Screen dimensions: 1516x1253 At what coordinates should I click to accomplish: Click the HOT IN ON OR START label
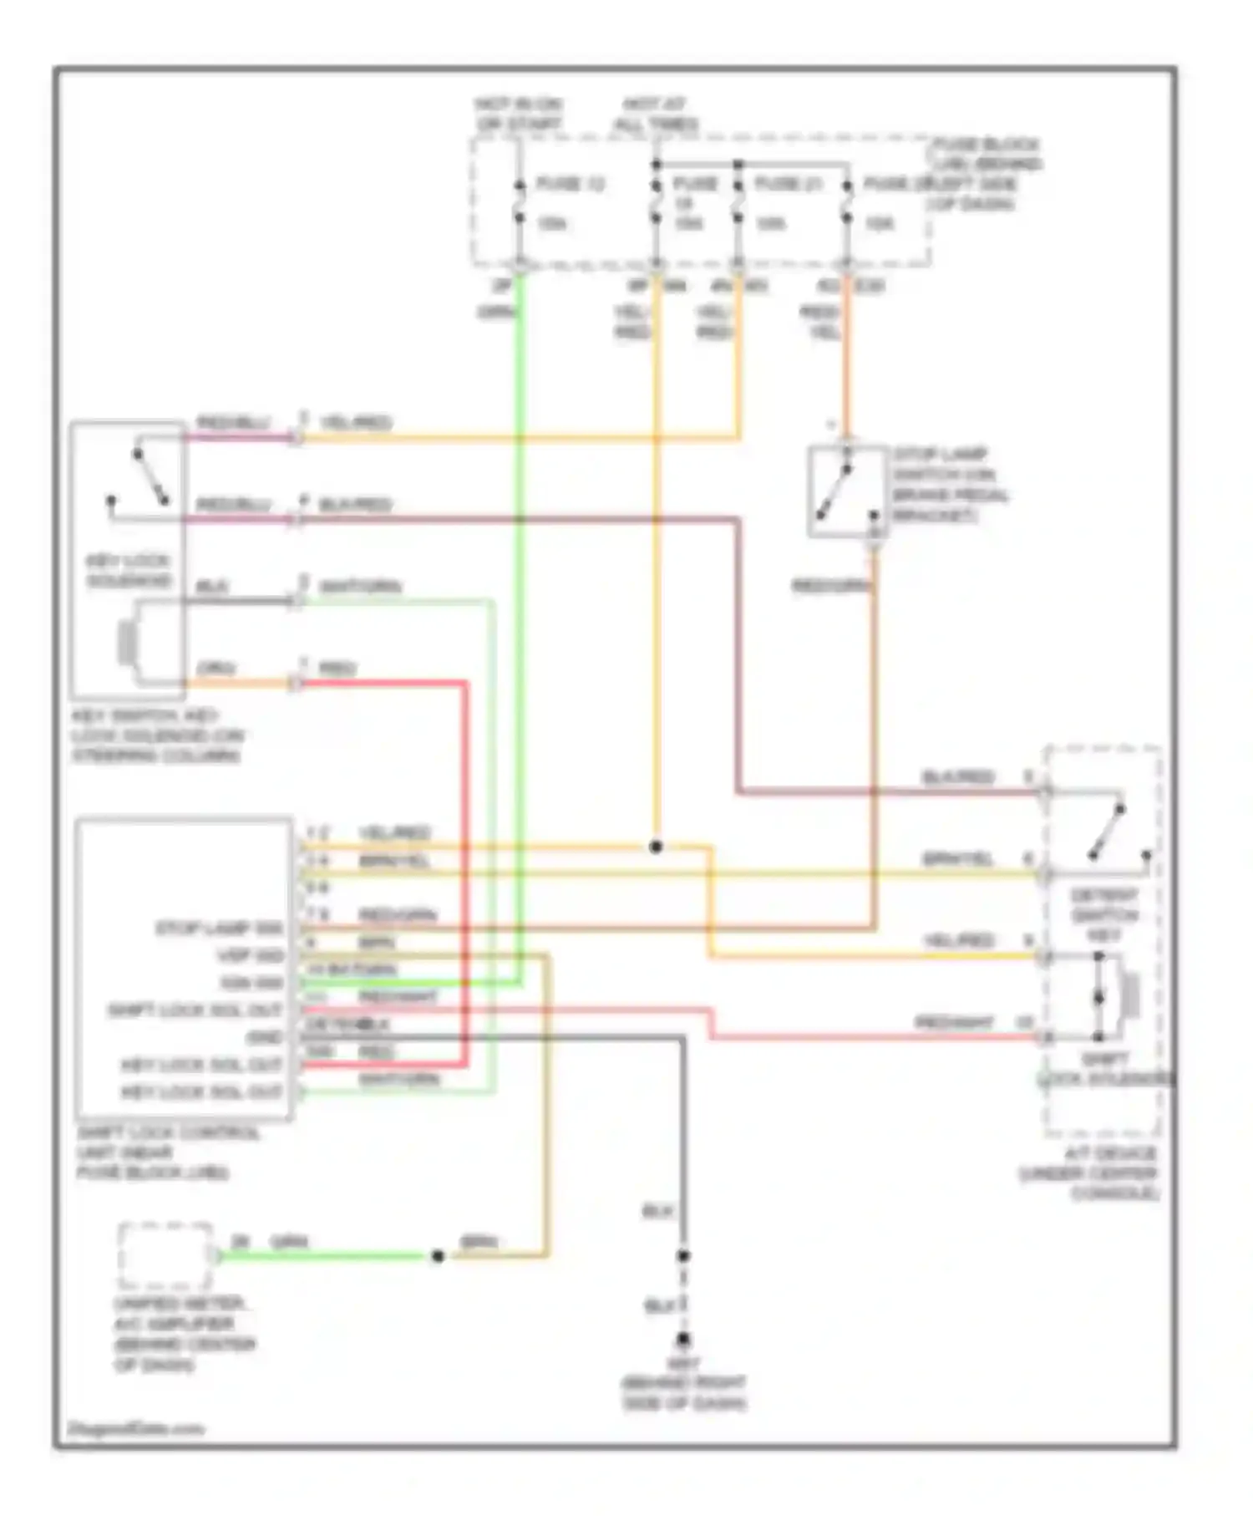click(518, 114)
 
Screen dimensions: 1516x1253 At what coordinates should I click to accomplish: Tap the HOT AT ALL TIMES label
click(656, 114)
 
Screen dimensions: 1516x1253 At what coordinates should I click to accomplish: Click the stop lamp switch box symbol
click(846, 491)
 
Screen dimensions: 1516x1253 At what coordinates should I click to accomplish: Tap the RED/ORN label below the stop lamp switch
click(830, 587)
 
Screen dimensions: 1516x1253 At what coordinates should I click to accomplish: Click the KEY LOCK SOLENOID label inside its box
click(128, 571)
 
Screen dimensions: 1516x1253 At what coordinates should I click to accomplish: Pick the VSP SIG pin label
click(250, 955)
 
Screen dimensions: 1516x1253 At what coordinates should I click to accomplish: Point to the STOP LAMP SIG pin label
click(220, 928)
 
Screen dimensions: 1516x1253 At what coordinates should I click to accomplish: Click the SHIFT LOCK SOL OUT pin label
click(195, 1010)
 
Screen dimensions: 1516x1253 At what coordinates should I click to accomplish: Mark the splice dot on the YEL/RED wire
click(656, 847)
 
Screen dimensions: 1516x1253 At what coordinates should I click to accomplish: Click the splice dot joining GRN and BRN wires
click(437, 1255)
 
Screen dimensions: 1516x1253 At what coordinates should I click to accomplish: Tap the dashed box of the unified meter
click(165, 1255)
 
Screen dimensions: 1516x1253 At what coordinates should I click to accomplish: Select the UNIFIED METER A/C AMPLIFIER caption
click(184, 1334)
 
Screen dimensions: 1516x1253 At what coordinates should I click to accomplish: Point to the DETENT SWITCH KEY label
click(1103, 915)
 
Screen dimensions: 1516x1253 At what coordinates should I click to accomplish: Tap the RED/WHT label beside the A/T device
click(953, 1023)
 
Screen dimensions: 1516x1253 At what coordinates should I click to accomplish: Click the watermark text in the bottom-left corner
click(135, 1428)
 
